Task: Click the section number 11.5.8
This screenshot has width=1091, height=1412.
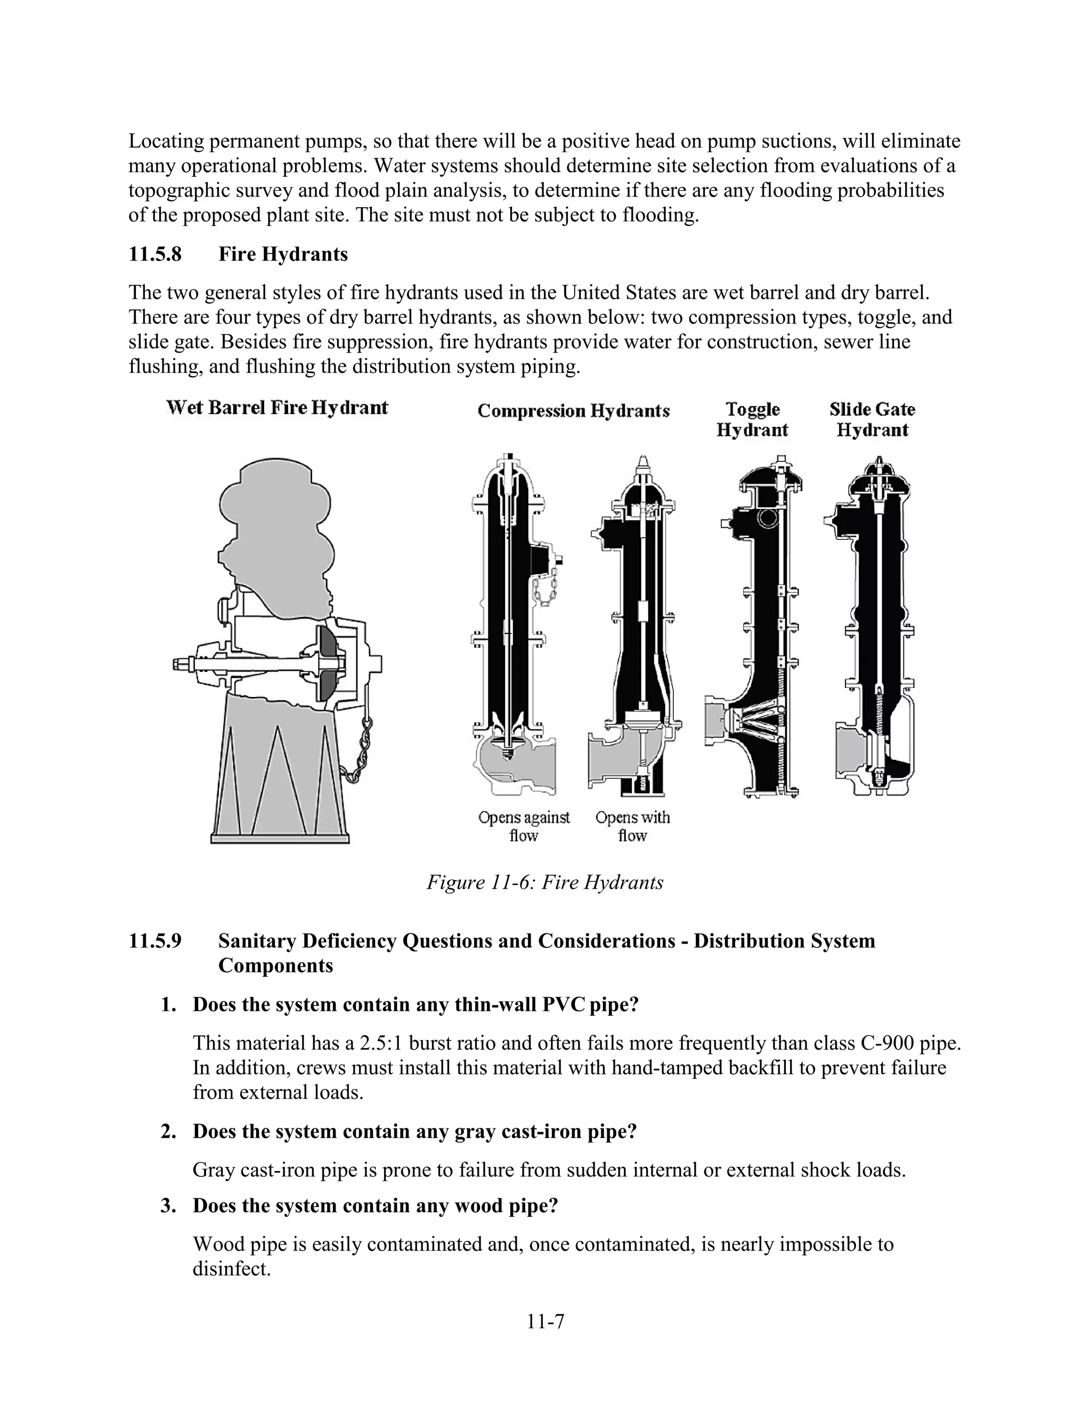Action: (x=155, y=254)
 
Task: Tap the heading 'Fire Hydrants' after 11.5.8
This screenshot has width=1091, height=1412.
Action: (x=282, y=254)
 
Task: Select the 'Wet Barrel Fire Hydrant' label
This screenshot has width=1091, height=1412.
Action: (x=277, y=408)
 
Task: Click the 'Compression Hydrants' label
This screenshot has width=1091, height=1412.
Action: (x=573, y=411)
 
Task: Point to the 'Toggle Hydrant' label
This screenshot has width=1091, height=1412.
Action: (x=752, y=419)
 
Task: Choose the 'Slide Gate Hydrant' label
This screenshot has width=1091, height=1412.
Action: (x=873, y=419)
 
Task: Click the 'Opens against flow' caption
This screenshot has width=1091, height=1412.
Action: (x=524, y=826)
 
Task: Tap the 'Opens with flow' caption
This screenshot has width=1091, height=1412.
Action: (x=632, y=826)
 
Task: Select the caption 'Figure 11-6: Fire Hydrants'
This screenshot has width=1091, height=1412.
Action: (x=545, y=882)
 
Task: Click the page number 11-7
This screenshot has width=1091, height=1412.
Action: (x=545, y=1321)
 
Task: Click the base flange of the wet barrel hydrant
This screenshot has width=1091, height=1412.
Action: (x=280, y=839)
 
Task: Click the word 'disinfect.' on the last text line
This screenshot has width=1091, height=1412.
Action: (x=231, y=1269)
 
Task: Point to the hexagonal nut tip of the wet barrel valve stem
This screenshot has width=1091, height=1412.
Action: (x=179, y=664)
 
